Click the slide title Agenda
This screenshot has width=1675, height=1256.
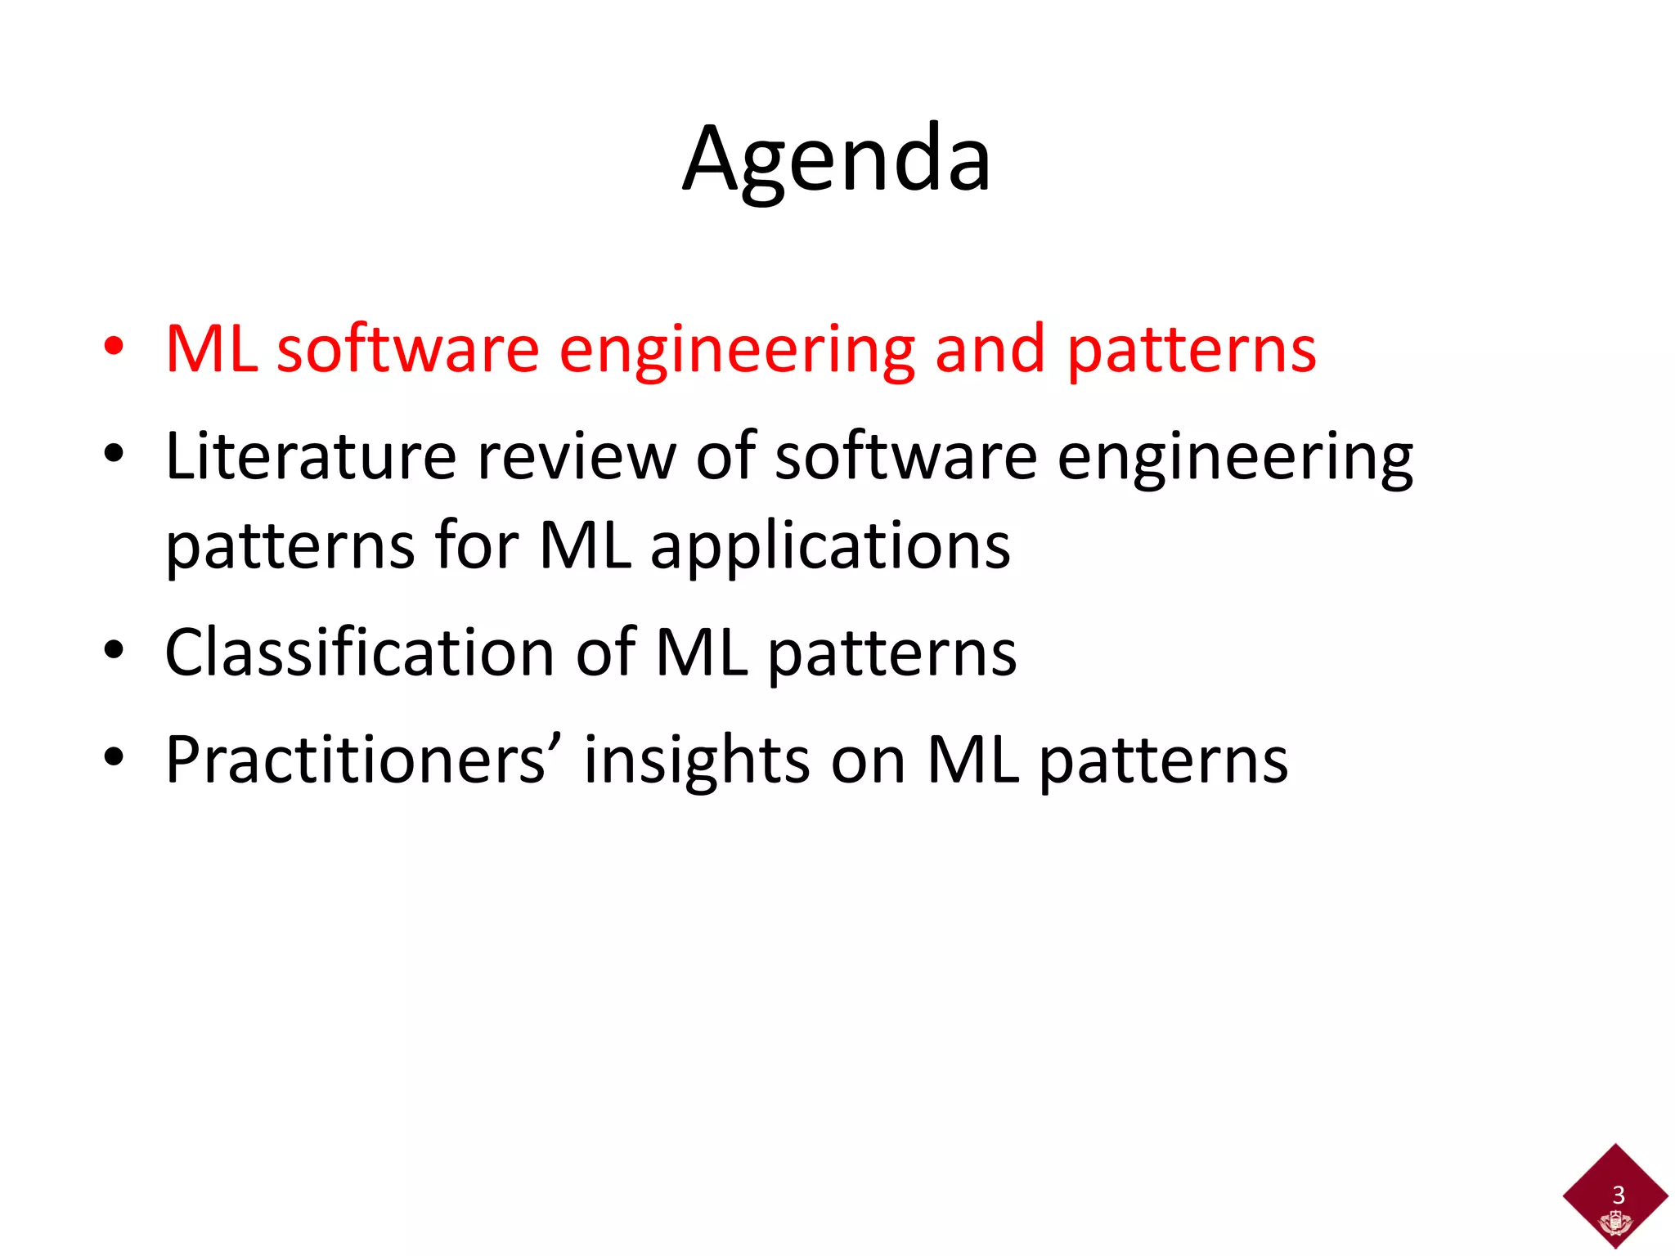pyautogui.click(x=837, y=159)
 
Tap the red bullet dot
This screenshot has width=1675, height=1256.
pyautogui.click(x=114, y=348)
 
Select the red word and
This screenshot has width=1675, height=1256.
pyautogui.click(x=990, y=349)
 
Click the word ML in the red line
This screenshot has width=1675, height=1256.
pyautogui.click(x=212, y=349)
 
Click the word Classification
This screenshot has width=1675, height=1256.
pyautogui.click(x=360, y=652)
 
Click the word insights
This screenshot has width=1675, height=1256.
pyautogui.click(x=697, y=762)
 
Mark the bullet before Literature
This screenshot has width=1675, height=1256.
pyautogui.click(x=114, y=454)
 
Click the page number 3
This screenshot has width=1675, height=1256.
pyautogui.click(x=1618, y=1195)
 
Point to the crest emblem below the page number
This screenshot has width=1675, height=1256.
pyautogui.click(x=1615, y=1224)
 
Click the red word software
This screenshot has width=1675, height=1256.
pyautogui.click(x=408, y=349)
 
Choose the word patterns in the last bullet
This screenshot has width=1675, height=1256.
pyautogui.click(x=1164, y=762)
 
